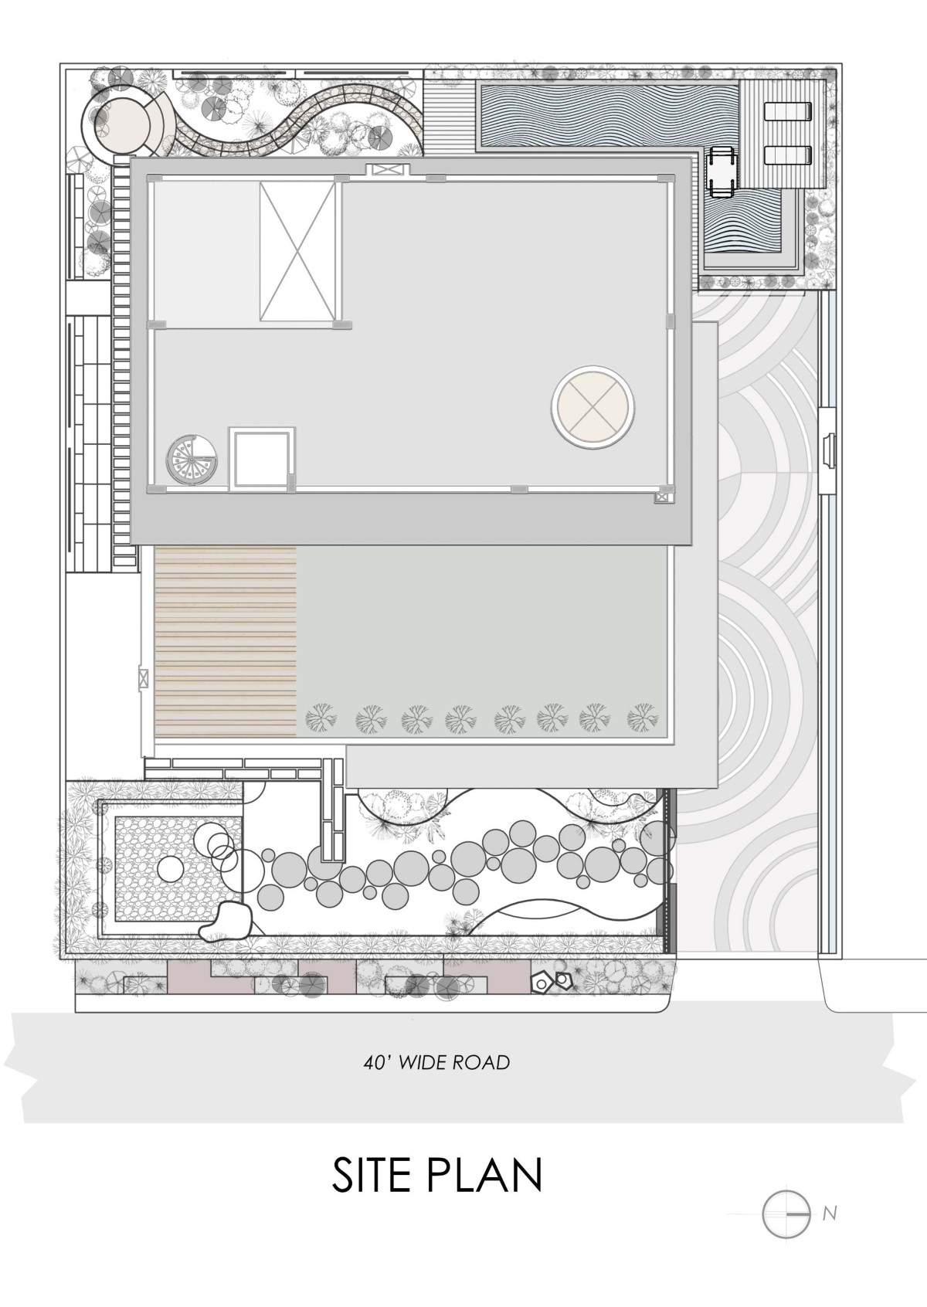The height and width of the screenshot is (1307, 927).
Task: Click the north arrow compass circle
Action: click(786, 1214)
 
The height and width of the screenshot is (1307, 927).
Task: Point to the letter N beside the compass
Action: click(830, 1214)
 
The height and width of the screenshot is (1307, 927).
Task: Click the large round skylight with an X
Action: click(593, 407)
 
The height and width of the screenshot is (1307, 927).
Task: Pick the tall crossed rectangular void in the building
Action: click(297, 251)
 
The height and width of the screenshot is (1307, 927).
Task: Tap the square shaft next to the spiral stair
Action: click(261, 459)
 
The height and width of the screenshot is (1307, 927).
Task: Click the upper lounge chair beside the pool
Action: click(788, 110)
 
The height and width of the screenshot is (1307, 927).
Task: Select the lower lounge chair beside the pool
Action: click(788, 155)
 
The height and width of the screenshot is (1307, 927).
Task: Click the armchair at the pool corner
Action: click(721, 170)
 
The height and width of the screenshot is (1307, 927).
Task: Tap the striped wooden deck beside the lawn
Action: click(226, 642)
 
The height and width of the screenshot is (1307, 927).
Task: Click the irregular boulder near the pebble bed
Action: click(226, 922)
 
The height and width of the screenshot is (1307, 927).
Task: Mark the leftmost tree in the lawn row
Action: click(321, 717)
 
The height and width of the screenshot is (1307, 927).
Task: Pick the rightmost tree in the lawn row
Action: click(643, 717)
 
